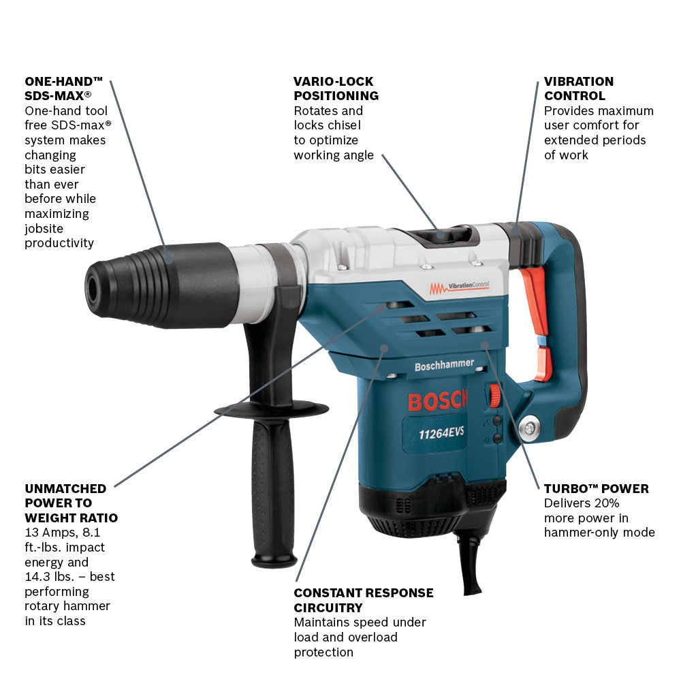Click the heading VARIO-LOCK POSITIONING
[336, 89]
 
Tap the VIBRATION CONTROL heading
[578, 89]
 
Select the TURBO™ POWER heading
[596, 489]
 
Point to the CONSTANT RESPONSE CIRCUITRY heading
[364, 600]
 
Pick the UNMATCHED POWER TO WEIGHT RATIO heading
[70, 503]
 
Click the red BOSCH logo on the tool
[437, 400]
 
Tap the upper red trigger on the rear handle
[535, 298]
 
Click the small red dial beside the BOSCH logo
[495, 395]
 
